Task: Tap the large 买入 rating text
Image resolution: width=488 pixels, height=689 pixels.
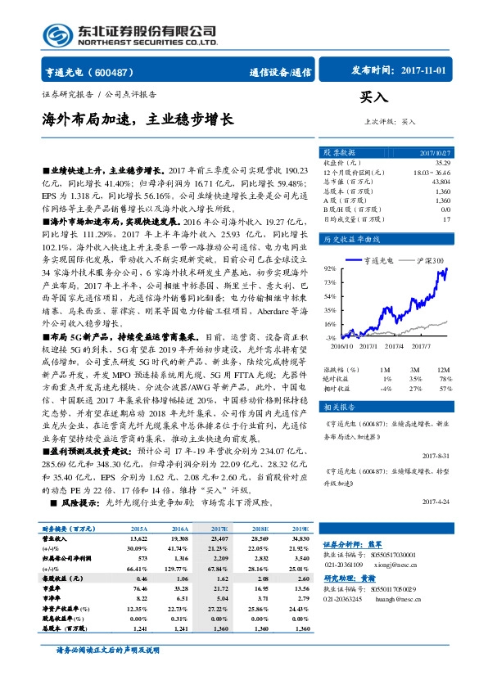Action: click(x=373, y=96)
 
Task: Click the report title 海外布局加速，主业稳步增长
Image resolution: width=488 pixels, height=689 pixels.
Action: click(x=138, y=119)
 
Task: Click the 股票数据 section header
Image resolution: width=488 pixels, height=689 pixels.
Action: click(x=339, y=152)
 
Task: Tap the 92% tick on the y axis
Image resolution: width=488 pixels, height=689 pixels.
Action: click(x=329, y=268)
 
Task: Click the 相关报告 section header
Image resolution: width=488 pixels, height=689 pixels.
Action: click(x=339, y=407)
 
